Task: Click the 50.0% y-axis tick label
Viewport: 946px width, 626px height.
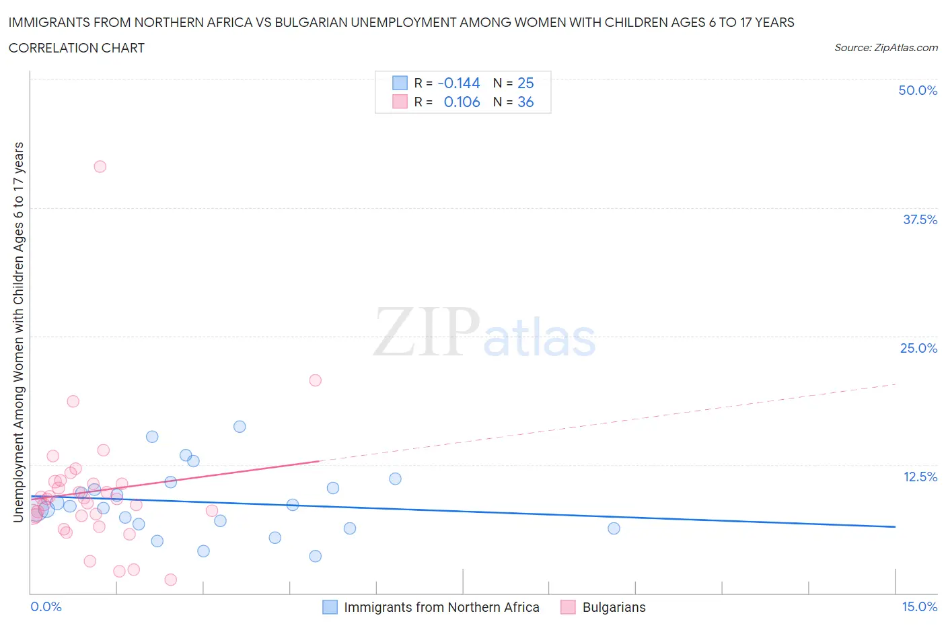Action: tap(918, 90)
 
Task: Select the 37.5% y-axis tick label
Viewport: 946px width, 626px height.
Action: tap(920, 219)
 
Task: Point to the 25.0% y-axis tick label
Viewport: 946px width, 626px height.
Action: tap(918, 348)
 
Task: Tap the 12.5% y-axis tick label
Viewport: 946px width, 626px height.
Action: tap(920, 477)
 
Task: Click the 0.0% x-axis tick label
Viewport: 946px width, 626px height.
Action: tap(46, 606)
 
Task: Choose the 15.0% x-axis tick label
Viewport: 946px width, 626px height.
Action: tap(919, 606)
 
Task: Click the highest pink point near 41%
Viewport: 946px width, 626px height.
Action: tap(100, 166)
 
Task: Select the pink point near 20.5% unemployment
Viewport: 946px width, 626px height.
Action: tap(315, 380)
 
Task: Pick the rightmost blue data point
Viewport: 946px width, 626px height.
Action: tap(614, 528)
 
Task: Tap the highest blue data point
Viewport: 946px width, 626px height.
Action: tap(240, 426)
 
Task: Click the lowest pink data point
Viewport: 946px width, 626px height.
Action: tap(170, 580)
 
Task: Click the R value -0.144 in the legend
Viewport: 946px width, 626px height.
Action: tap(458, 83)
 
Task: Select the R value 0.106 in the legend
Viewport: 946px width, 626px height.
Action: tap(462, 102)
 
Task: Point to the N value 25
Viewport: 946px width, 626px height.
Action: tap(525, 83)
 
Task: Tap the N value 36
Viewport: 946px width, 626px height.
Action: tap(525, 102)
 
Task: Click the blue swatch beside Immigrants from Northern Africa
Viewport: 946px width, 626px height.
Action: tap(330, 607)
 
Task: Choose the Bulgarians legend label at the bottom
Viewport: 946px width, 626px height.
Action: tap(614, 607)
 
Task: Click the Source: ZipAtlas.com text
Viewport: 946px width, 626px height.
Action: tap(885, 47)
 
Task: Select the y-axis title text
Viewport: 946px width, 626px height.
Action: tap(18, 332)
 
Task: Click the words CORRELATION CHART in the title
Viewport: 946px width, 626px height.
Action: tap(77, 48)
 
